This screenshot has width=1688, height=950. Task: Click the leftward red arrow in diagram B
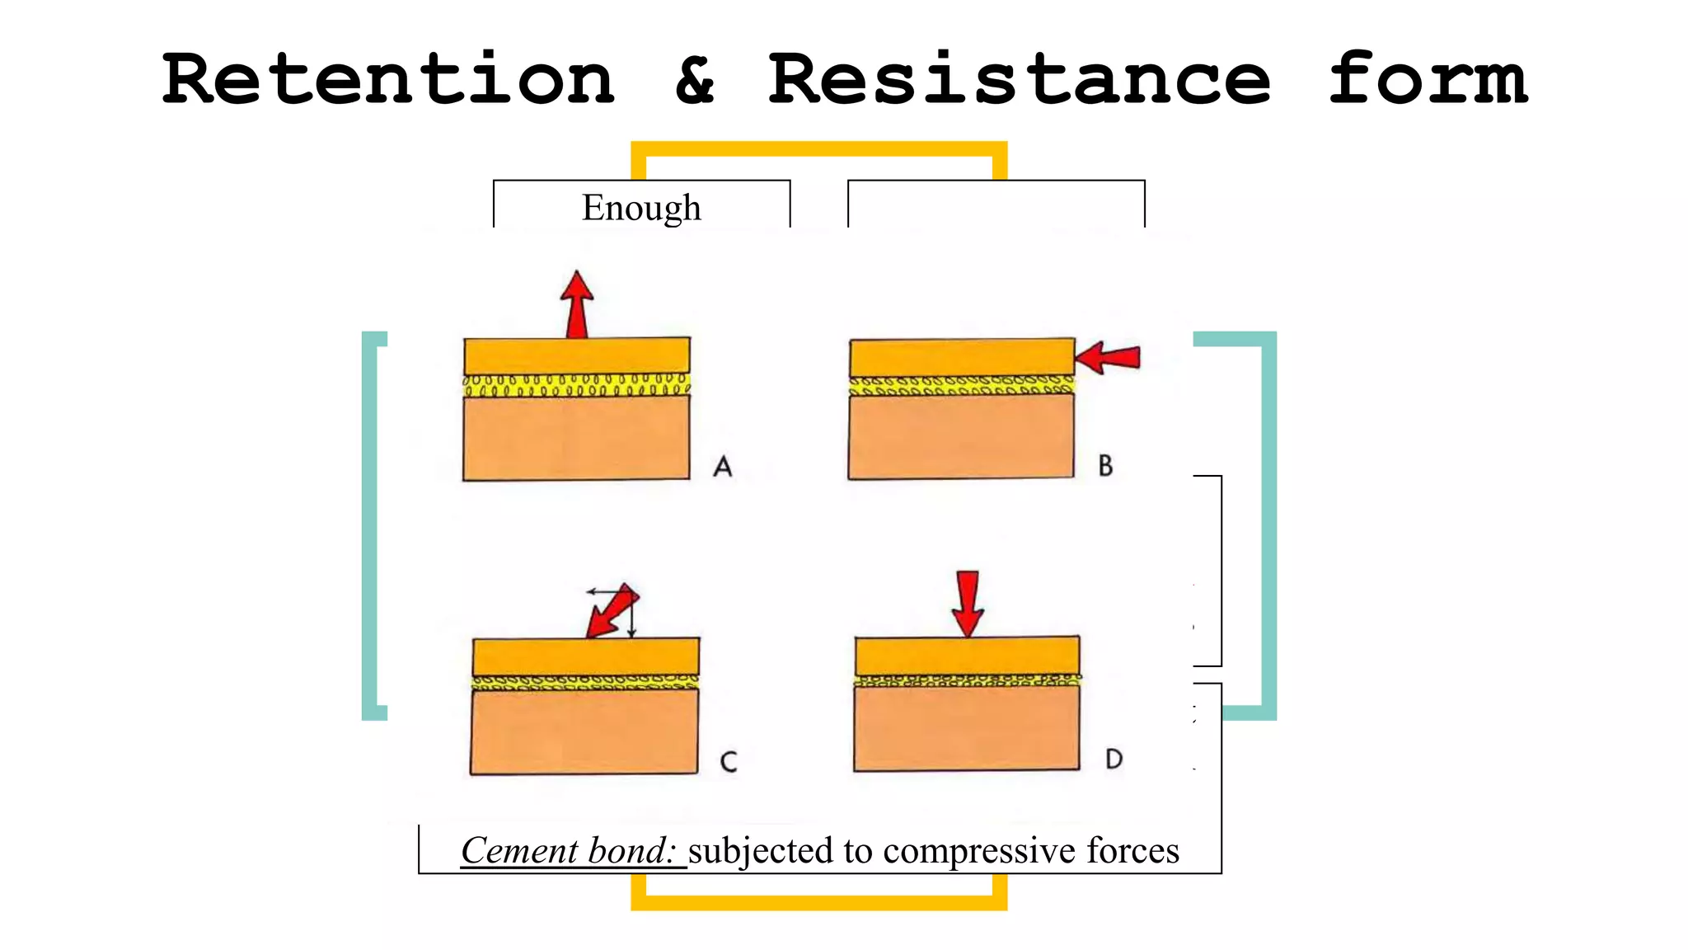coord(1108,358)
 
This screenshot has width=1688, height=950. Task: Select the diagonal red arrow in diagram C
coord(612,610)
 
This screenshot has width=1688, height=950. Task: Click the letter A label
coord(723,467)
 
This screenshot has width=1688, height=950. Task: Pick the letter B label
coord(1105,466)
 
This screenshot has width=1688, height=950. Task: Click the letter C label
coord(729,761)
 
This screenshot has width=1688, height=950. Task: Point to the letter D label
coord(1114,759)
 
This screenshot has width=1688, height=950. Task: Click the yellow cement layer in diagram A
coord(576,385)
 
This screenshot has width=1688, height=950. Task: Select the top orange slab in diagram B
coord(962,358)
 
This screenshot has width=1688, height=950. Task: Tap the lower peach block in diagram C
coord(584,731)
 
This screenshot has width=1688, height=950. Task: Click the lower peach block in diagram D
coord(967,728)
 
